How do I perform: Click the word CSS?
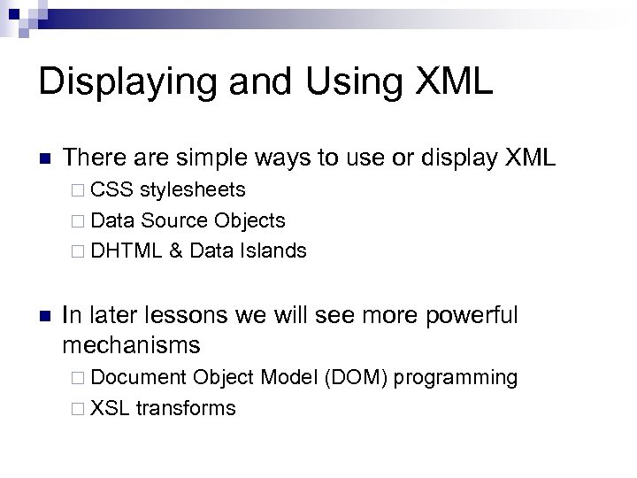(x=110, y=189)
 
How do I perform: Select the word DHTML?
(x=126, y=251)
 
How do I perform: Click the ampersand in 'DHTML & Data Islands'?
(x=176, y=251)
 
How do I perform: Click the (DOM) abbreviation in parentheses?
(x=357, y=378)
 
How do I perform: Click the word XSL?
(x=109, y=408)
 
